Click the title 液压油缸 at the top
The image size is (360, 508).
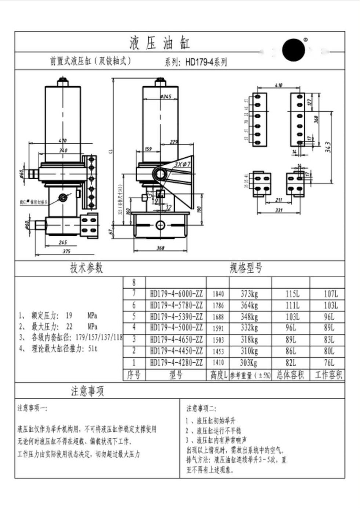click(160, 43)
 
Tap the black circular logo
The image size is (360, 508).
click(294, 50)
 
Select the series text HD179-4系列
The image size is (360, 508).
click(206, 62)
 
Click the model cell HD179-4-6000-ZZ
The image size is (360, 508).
click(176, 294)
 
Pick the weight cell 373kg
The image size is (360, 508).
click(249, 294)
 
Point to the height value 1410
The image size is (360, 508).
click(218, 363)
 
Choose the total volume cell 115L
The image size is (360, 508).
click(292, 294)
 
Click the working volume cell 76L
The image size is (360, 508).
click(329, 363)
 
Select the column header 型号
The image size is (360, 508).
click(176, 375)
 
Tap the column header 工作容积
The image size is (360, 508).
click(328, 375)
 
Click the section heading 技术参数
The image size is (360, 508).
click(87, 268)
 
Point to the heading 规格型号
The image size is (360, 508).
click(246, 268)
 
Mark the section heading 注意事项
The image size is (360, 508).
click(87, 391)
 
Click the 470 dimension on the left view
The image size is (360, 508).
click(63, 140)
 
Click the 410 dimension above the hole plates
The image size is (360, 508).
click(279, 85)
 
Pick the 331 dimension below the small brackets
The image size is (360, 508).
click(279, 210)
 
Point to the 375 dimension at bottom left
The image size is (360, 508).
click(66, 252)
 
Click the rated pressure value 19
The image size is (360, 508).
click(69, 316)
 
